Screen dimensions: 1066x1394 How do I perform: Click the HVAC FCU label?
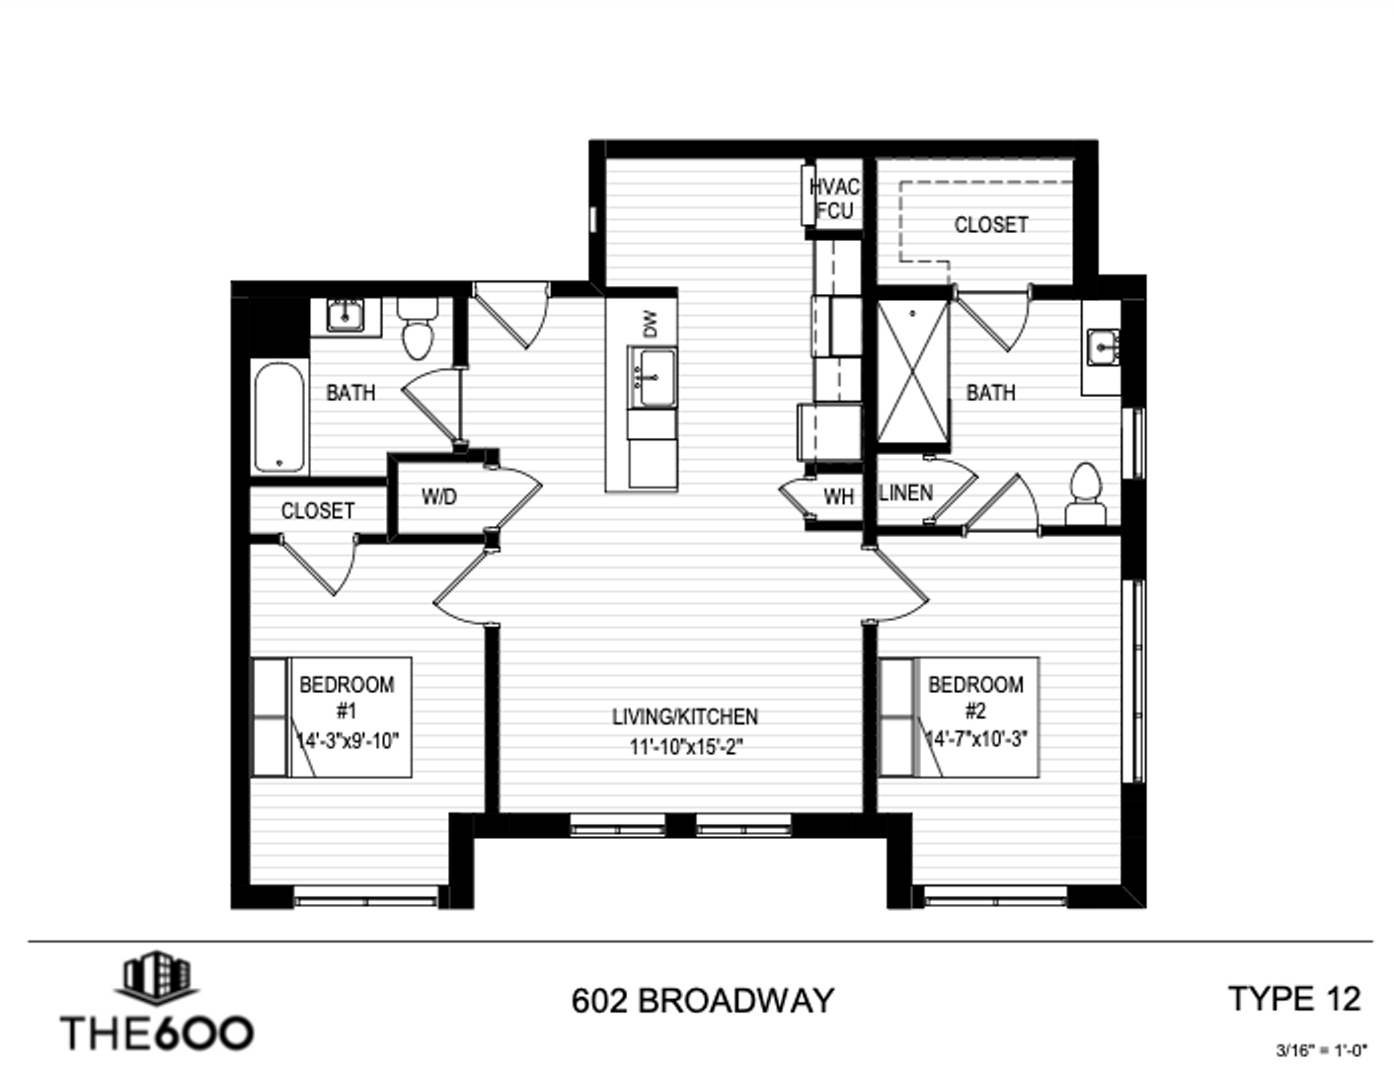(834, 198)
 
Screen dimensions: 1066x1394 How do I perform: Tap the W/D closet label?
(439, 496)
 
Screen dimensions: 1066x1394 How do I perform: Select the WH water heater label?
(838, 496)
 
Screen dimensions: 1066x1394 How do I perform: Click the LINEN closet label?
(905, 492)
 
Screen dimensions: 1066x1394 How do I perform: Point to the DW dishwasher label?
(650, 324)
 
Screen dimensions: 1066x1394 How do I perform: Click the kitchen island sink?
(653, 376)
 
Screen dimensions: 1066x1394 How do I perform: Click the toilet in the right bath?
(1085, 493)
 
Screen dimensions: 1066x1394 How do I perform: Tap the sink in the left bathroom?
(345, 315)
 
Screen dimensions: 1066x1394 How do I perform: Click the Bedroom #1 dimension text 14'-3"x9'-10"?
(348, 740)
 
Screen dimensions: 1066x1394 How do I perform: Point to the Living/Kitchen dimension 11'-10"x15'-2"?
(685, 747)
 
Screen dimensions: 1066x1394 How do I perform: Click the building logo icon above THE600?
(157, 978)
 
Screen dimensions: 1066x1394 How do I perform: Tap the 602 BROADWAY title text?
(703, 1001)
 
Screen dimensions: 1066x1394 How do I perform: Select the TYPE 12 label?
(1294, 999)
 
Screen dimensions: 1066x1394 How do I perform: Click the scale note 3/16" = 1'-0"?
(1321, 1050)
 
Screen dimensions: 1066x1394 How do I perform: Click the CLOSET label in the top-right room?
(990, 225)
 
